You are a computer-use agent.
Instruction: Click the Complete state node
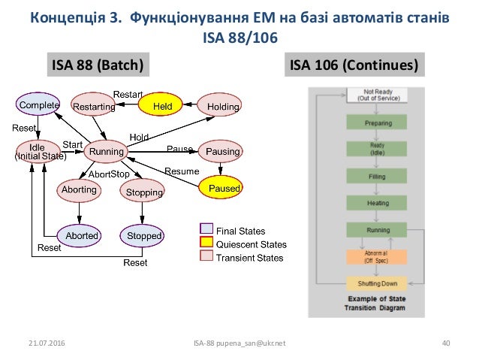[40, 106]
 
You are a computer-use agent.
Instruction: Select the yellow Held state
[162, 107]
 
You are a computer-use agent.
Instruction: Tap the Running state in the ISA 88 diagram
[106, 152]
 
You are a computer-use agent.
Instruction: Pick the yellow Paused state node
[223, 187]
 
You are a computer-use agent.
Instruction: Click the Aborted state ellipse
[81, 235]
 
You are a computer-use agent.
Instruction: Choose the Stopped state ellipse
[143, 235]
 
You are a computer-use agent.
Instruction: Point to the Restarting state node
[94, 107]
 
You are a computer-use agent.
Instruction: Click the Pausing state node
[223, 152]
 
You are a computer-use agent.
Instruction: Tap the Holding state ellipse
[223, 107]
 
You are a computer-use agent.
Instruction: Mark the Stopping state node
[143, 192]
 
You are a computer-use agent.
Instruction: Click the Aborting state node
[79, 190]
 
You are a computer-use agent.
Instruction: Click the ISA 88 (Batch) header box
[95, 65]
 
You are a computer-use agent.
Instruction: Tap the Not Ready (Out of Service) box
[376, 95]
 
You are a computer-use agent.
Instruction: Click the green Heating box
[376, 202]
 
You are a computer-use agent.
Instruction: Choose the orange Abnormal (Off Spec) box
[376, 256]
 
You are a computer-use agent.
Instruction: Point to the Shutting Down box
[376, 283]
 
